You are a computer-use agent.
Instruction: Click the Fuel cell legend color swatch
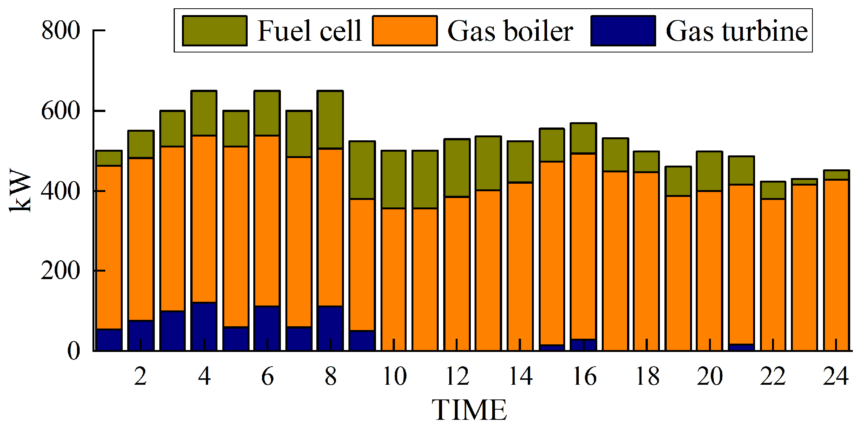tap(214, 31)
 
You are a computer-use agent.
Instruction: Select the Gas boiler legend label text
tap(510, 31)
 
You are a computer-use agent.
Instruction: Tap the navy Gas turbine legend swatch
tap(623, 31)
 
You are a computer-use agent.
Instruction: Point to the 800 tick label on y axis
tap(60, 30)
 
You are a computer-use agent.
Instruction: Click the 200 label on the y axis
tap(60, 270)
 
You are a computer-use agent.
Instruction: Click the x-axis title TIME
tap(469, 410)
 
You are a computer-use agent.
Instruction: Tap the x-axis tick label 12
tap(457, 376)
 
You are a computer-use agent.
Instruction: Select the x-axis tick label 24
tap(836, 376)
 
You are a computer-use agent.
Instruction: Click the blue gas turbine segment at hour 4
tap(204, 326)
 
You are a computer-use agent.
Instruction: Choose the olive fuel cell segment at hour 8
tap(330, 120)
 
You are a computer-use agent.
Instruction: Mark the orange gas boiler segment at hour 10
tap(393, 279)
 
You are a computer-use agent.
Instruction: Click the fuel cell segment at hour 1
tap(109, 158)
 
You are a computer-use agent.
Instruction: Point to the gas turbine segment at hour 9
tap(362, 340)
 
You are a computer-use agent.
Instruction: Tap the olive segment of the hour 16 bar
tap(583, 138)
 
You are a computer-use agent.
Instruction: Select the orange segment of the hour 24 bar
tap(836, 264)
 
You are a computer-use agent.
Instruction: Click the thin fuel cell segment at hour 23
tap(804, 182)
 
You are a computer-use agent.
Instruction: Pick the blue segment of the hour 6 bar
tap(267, 328)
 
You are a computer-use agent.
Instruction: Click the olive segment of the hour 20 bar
tap(709, 171)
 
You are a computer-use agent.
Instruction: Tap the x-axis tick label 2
tap(140, 376)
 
